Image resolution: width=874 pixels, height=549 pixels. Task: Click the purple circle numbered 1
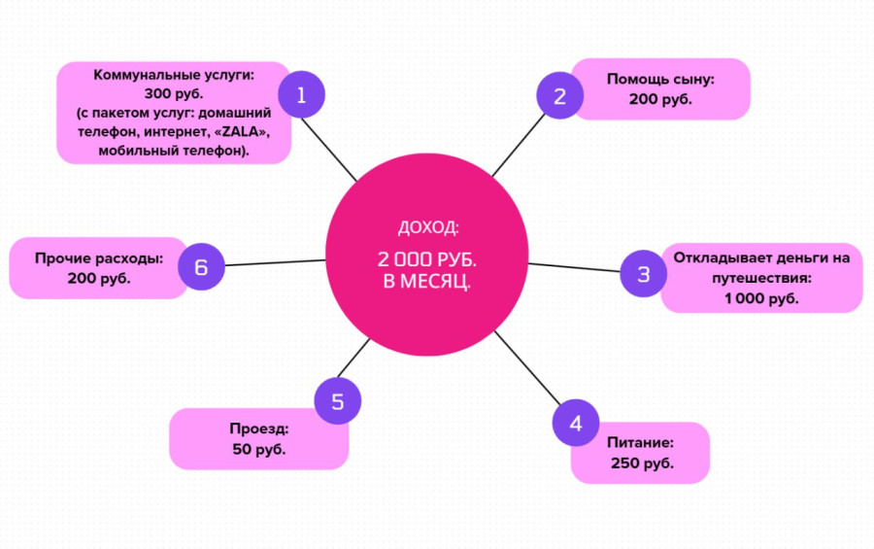point(301,95)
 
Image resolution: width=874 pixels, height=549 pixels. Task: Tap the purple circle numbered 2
point(559,96)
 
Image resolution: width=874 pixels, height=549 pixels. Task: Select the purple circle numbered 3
point(643,274)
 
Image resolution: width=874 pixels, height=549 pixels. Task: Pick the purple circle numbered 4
point(576,423)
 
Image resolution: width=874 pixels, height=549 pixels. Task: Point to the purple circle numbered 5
point(337,401)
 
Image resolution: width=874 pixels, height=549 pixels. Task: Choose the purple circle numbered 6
point(201,266)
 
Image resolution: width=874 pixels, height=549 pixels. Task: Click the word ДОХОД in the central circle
point(427,228)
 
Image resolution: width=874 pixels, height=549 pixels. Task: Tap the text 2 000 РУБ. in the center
point(427,261)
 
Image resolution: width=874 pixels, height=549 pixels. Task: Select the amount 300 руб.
point(174,94)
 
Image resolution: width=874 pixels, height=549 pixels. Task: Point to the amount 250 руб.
point(642,463)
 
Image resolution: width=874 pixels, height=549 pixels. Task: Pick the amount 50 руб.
point(259,449)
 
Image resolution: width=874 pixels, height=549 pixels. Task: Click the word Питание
point(640,442)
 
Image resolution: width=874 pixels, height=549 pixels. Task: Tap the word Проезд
point(259,429)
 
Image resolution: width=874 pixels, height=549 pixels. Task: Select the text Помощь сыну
point(660,79)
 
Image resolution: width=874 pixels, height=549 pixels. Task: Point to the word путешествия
point(761,278)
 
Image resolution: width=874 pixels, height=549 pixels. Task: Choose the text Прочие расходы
point(98,258)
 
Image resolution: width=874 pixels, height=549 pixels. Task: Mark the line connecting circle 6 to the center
point(275,262)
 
